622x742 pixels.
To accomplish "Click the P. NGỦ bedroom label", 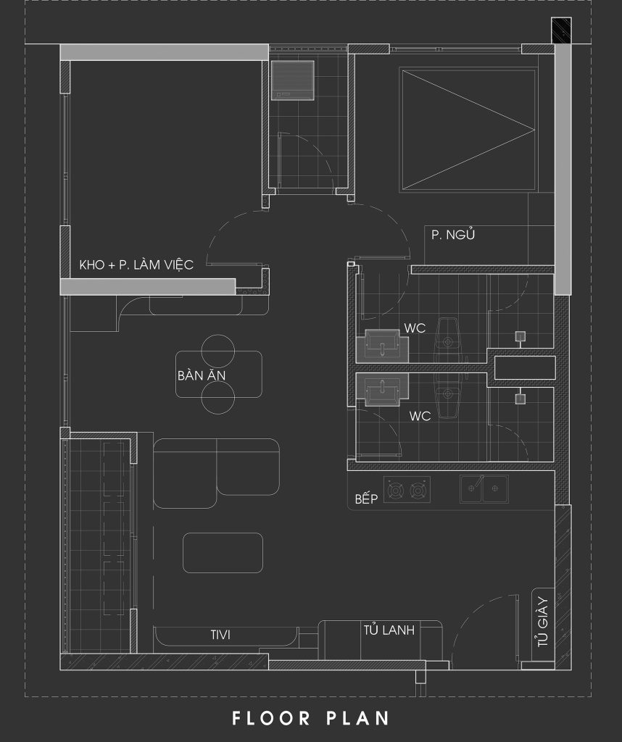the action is (x=453, y=235).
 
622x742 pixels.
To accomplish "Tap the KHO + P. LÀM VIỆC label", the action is (x=136, y=264).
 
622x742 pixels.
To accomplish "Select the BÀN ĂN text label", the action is (x=202, y=375).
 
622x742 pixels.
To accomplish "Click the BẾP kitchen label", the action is (x=366, y=499).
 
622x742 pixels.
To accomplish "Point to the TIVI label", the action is (x=220, y=635).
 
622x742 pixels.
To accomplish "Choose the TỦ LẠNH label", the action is (x=389, y=630).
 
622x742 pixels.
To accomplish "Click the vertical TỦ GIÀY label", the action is (x=543, y=622).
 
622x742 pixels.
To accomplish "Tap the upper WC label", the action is (x=415, y=328).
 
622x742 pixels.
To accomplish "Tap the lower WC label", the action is (x=420, y=416).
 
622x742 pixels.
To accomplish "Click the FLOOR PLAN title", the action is (x=310, y=718).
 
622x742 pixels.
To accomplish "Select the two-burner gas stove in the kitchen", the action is (x=407, y=490).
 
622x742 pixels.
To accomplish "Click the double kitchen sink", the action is (x=484, y=489).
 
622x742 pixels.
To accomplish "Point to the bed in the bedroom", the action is (x=468, y=130).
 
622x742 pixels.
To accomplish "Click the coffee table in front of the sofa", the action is (x=223, y=553).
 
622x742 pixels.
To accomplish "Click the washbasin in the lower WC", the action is (x=383, y=389).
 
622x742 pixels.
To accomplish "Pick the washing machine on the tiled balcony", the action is (x=293, y=80).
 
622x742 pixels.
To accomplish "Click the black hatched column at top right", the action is (x=561, y=30).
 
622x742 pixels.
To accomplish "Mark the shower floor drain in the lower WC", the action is (x=521, y=399).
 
